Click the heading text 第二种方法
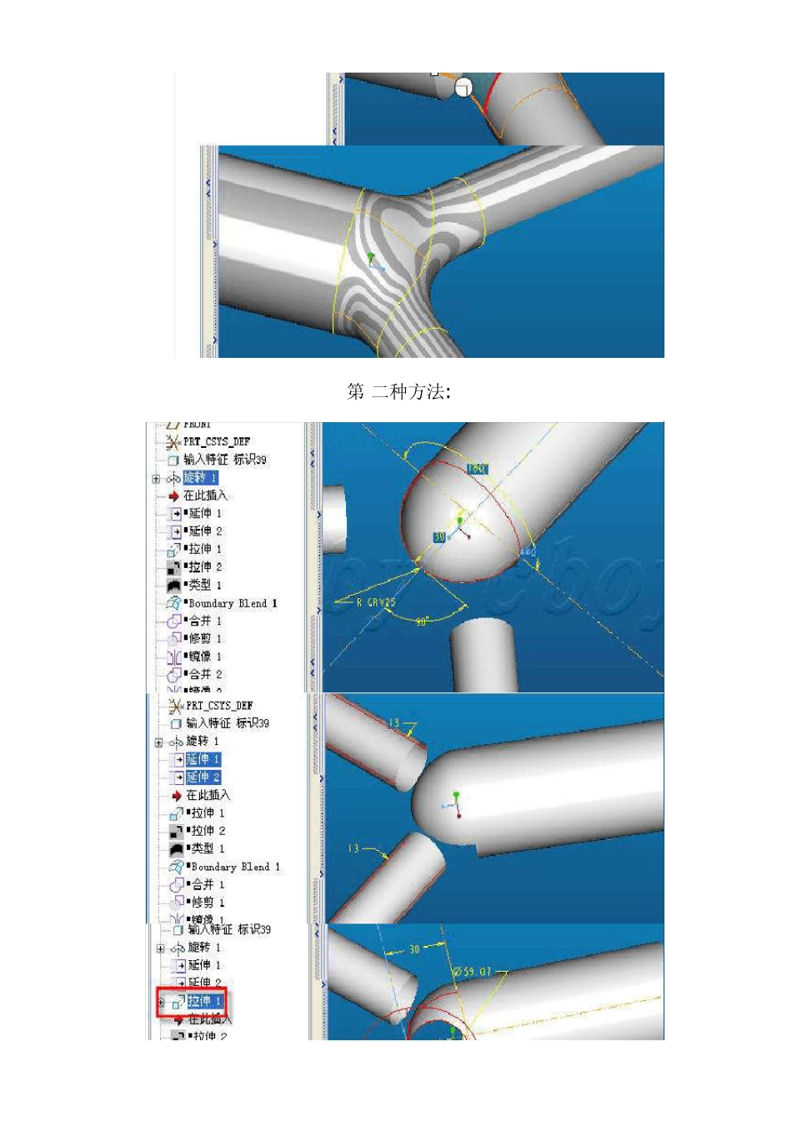[399, 391]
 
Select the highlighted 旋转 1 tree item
[200, 477]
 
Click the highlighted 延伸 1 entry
[203, 759]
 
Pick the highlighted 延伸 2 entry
[203, 777]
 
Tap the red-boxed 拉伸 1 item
[203, 1001]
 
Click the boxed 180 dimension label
[475, 468]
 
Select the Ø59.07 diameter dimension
[472, 972]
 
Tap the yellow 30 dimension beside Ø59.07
[414, 949]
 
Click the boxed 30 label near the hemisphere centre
[439, 537]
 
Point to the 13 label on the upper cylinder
[394, 722]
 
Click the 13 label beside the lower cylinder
[353, 848]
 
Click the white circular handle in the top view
[464, 87]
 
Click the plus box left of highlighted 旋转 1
[156, 479]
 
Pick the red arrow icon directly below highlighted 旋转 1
[173, 496]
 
